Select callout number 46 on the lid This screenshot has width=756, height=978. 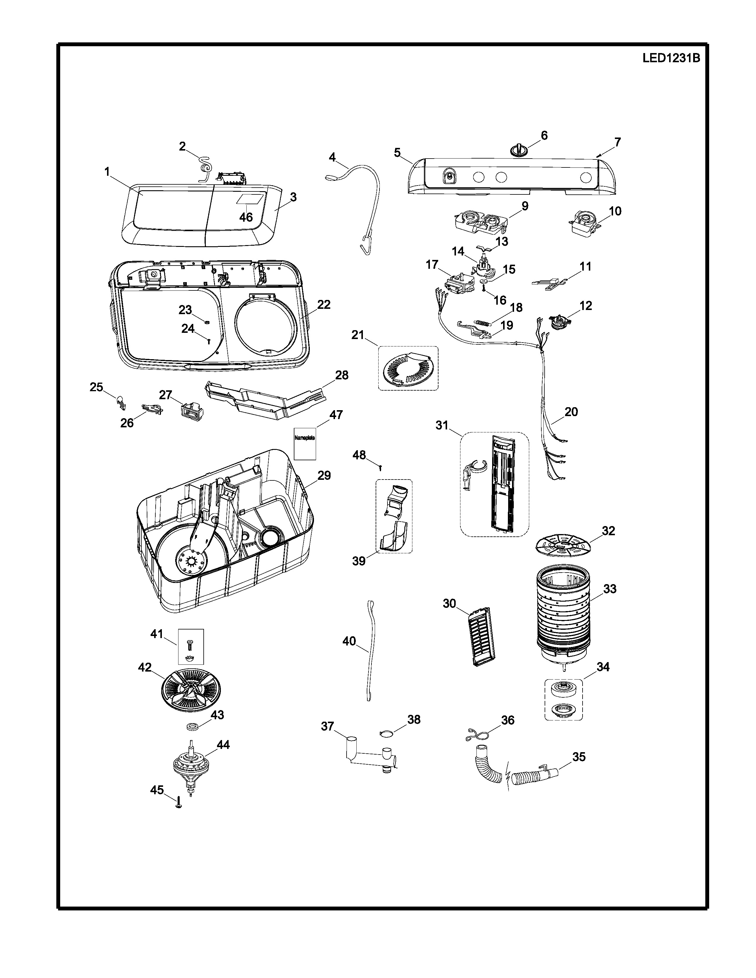(246, 217)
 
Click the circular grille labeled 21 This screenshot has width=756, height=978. (408, 368)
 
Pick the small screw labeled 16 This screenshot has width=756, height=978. (484, 290)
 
